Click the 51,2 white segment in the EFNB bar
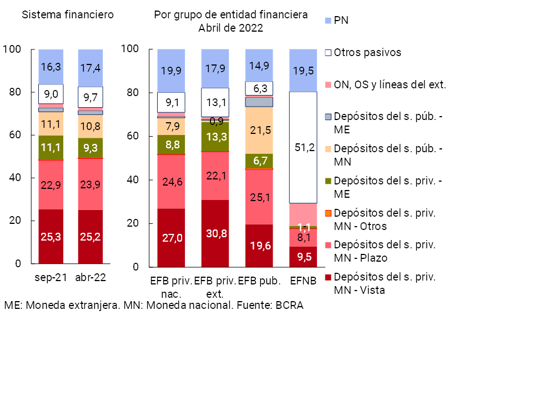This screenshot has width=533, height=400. [303, 147]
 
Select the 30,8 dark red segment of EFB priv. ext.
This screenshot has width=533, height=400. [215, 233]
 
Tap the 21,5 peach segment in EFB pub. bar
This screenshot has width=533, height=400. [259, 130]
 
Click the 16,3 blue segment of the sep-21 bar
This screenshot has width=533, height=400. [51, 67]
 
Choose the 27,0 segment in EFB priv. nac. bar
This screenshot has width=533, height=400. [171, 238]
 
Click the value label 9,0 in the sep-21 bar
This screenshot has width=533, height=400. [51, 94]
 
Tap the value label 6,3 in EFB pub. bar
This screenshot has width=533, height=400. [259, 88]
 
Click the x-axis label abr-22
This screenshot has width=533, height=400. [90, 278]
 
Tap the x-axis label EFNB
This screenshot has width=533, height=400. [303, 281]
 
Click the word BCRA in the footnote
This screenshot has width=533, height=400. [289, 306]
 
